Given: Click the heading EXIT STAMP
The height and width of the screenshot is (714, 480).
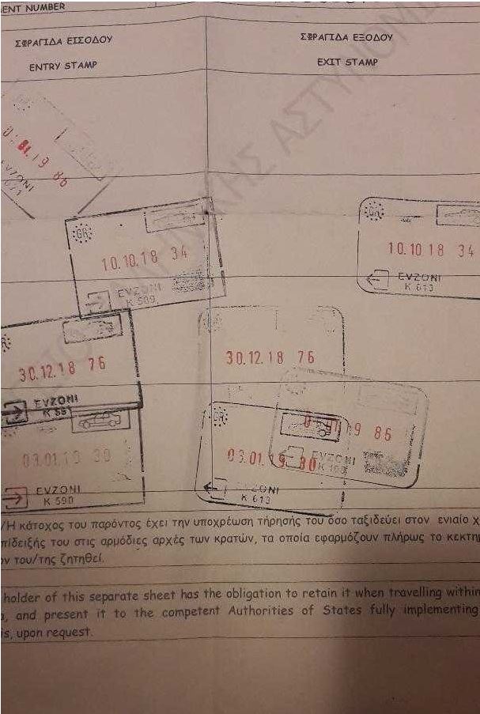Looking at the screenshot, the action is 347,61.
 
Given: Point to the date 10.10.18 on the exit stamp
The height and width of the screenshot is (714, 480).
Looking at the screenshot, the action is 416,250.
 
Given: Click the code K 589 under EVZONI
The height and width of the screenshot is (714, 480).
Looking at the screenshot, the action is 142,300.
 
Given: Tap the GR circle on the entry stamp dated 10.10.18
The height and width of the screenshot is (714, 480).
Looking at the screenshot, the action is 81,233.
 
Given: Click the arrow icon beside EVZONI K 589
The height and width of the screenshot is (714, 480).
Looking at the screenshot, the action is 98,299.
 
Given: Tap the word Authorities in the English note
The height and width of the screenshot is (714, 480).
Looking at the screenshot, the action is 262,612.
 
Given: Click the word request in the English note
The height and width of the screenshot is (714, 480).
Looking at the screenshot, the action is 71,632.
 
